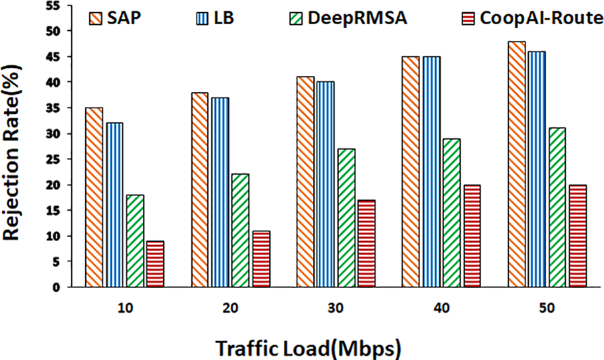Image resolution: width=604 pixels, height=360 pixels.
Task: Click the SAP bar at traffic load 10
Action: pyautogui.click(x=94, y=197)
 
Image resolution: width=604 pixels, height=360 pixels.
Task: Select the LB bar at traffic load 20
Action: pyautogui.click(x=220, y=192)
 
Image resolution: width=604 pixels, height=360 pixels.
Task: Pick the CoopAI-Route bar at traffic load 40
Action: pyautogui.click(x=472, y=236)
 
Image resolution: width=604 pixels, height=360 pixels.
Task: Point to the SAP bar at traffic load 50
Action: pyautogui.click(x=517, y=164)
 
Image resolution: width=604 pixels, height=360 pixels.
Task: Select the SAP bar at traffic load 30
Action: pyautogui.click(x=305, y=182)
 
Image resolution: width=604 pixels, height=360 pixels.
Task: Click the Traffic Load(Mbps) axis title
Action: pyautogui.click(x=309, y=347)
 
